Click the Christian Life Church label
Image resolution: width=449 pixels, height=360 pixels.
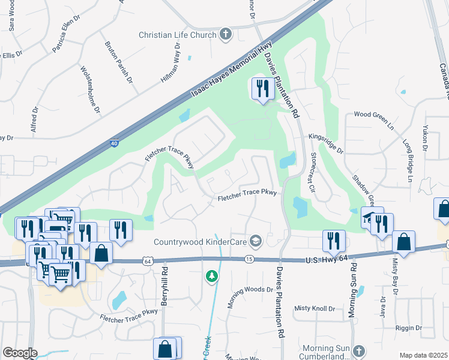click(178, 35)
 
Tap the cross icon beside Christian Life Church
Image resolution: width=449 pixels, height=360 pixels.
click(226, 34)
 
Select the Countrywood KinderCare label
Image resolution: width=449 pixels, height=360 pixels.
click(200, 242)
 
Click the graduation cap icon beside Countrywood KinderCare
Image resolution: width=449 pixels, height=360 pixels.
click(256, 241)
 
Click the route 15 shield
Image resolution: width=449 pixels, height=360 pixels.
click(249, 259)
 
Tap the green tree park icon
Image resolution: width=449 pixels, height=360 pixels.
click(211, 276)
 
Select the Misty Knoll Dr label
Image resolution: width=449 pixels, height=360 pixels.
click(315, 308)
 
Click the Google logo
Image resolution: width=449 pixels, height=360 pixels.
click(20, 353)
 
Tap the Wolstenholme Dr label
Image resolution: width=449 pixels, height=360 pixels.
click(90, 90)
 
